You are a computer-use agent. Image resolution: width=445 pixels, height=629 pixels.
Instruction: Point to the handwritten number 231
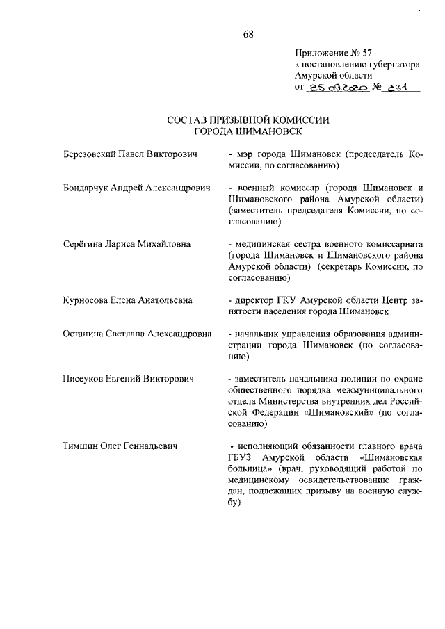[398, 88]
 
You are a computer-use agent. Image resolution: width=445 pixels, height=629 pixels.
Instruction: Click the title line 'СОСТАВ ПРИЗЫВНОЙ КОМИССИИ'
[248, 120]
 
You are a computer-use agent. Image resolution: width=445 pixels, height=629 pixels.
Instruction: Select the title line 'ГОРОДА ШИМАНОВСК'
[248, 131]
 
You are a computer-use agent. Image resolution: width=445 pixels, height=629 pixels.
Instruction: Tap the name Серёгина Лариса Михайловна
[126, 245]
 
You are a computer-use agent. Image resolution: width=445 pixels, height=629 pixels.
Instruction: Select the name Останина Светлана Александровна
[137, 334]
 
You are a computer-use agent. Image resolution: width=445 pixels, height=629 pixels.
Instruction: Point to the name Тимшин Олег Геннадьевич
[118, 446]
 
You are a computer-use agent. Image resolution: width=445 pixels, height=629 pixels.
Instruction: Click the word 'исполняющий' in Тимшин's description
[268, 446]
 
